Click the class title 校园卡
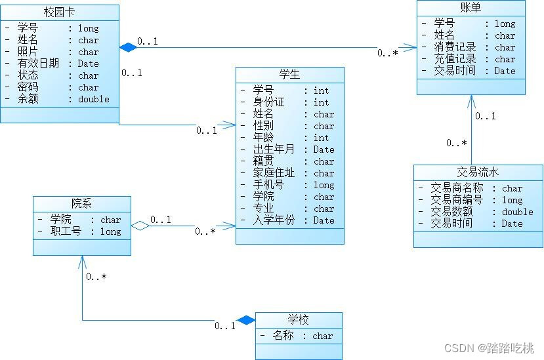(59, 12)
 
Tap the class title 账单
(471, 8)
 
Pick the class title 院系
(81, 204)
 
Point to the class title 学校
(298, 321)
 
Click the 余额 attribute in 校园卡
(28, 99)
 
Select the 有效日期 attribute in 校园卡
(39, 64)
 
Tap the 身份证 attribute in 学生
(268, 102)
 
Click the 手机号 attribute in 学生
(268, 185)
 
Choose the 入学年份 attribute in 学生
(274, 220)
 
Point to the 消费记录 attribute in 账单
(454, 47)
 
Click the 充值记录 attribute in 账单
(454, 59)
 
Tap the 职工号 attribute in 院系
(66, 231)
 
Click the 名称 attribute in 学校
(283, 336)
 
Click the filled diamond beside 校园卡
(127, 47)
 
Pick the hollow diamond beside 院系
(139, 226)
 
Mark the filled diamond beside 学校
(246, 320)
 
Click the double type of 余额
(94, 99)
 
